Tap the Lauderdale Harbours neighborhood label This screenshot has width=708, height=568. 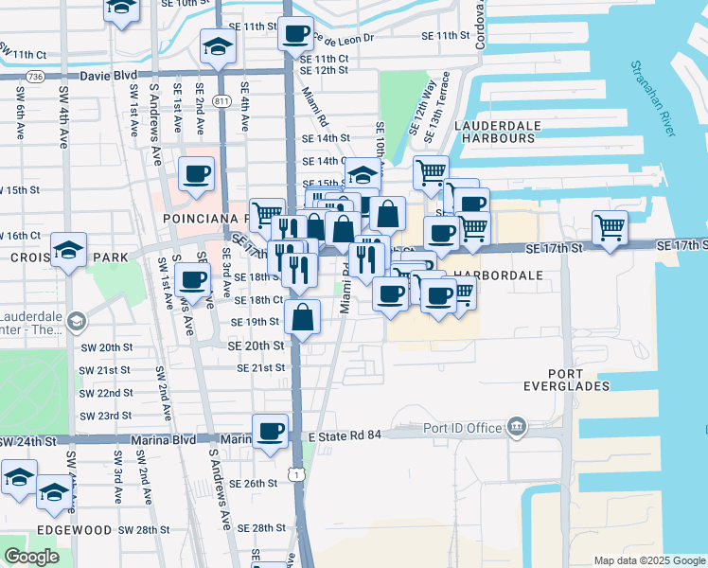[497, 132]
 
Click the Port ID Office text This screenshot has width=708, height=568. [463, 428]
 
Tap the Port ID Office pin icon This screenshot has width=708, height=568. [515, 426]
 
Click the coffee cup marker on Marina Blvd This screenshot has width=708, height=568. [271, 430]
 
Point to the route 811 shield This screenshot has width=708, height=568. [222, 99]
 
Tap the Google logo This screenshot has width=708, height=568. [31, 557]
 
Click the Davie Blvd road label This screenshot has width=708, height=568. [109, 76]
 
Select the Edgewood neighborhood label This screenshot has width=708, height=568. [74, 529]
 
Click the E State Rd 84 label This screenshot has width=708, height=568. [344, 435]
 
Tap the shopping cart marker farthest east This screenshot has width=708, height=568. [611, 226]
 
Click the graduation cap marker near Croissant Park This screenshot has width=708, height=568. [69, 250]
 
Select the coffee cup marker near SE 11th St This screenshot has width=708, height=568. [295, 33]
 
